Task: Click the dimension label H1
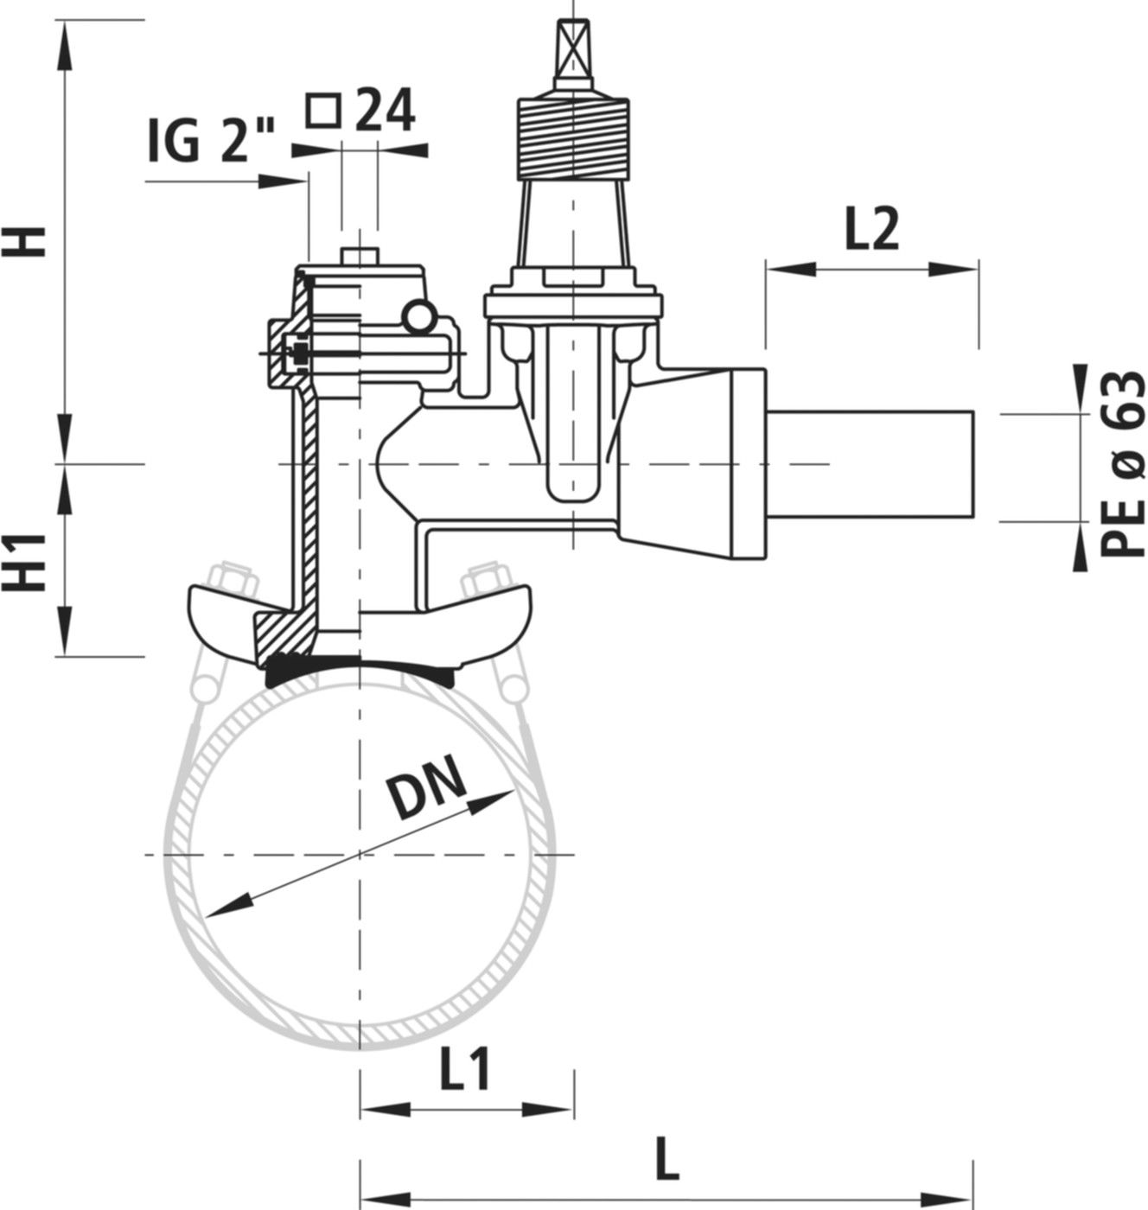(32, 562)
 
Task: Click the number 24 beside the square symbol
(386, 111)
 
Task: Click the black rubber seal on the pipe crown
(359, 670)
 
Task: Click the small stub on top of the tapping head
(359, 257)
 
